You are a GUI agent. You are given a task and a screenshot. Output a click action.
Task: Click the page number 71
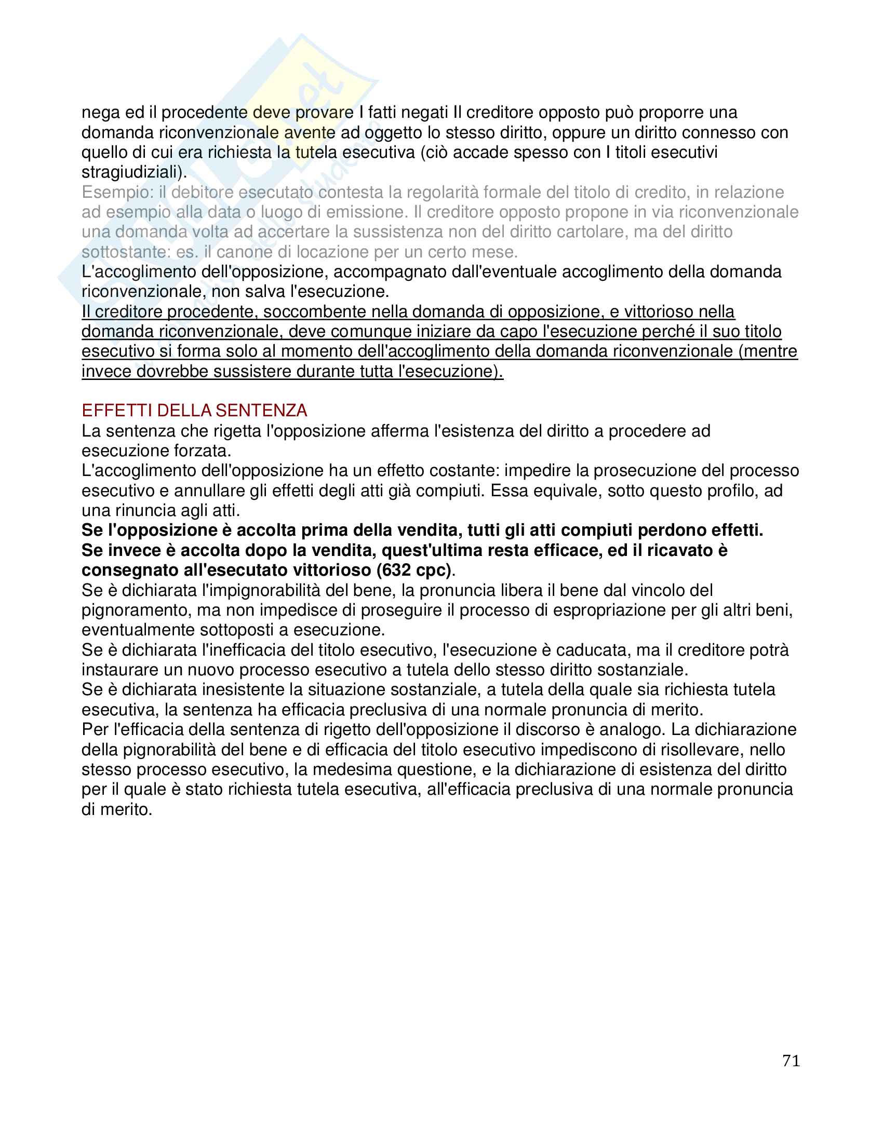click(791, 1061)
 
